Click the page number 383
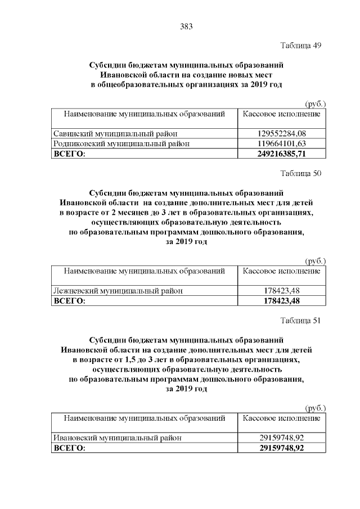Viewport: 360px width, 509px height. point(186,26)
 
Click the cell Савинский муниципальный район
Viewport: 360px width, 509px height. point(107,134)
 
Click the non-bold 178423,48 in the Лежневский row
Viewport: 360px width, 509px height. point(281,291)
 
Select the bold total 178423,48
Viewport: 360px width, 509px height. point(281,301)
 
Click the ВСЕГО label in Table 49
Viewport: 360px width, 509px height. point(69,153)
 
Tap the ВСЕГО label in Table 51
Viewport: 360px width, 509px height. point(69,448)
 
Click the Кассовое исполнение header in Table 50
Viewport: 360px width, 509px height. point(281,271)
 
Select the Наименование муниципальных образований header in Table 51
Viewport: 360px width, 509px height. point(144,418)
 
